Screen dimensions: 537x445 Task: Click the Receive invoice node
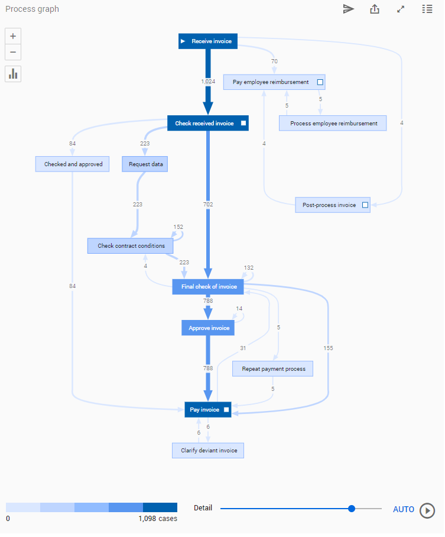coord(208,41)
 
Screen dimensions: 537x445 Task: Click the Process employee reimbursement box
coord(333,124)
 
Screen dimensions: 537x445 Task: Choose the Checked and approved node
coord(73,164)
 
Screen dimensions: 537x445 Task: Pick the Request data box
coord(145,164)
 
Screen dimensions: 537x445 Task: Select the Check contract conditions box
coord(131,246)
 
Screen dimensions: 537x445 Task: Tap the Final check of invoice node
coord(208,287)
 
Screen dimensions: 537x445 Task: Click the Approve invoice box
coord(208,328)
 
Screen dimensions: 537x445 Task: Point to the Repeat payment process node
coord(273,369)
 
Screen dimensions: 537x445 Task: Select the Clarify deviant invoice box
coord(208,451)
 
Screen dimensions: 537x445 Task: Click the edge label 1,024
coord(208,81)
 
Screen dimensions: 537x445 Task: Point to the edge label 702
coord(208,205)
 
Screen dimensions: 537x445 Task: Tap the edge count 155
coord(328,348)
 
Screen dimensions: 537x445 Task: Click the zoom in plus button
coord(13,36)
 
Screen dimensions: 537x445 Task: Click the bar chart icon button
coord(13,74)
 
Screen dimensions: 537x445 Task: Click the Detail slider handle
coord(352,509)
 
